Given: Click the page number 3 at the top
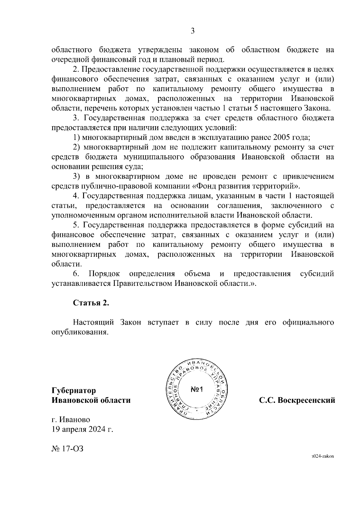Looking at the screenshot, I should click(x=193, y=31).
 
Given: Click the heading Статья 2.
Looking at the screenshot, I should click(x=91, y=303).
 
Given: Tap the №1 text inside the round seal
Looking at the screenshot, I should click(x=197, y=390).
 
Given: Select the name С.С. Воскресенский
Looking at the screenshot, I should click(x=297, y=400).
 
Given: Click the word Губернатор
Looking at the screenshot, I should click(x=74, y=390).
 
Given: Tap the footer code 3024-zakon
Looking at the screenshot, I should click(x=322, y=464).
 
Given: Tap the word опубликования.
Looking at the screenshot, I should click(x=79, y=332).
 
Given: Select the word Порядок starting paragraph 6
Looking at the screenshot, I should click(x=104, y=274).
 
